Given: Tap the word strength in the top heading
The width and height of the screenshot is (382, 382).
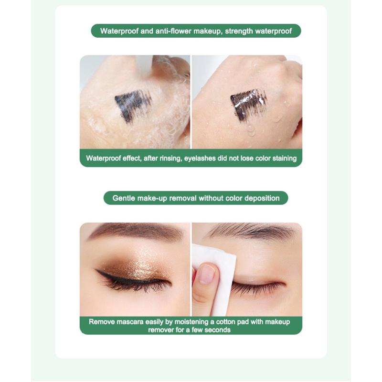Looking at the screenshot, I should [x=239, y=32].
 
